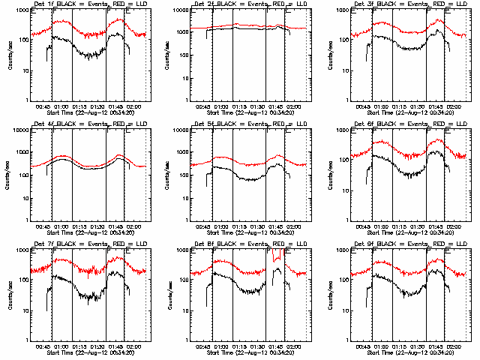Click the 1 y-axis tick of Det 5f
click(x=187, y=220)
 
